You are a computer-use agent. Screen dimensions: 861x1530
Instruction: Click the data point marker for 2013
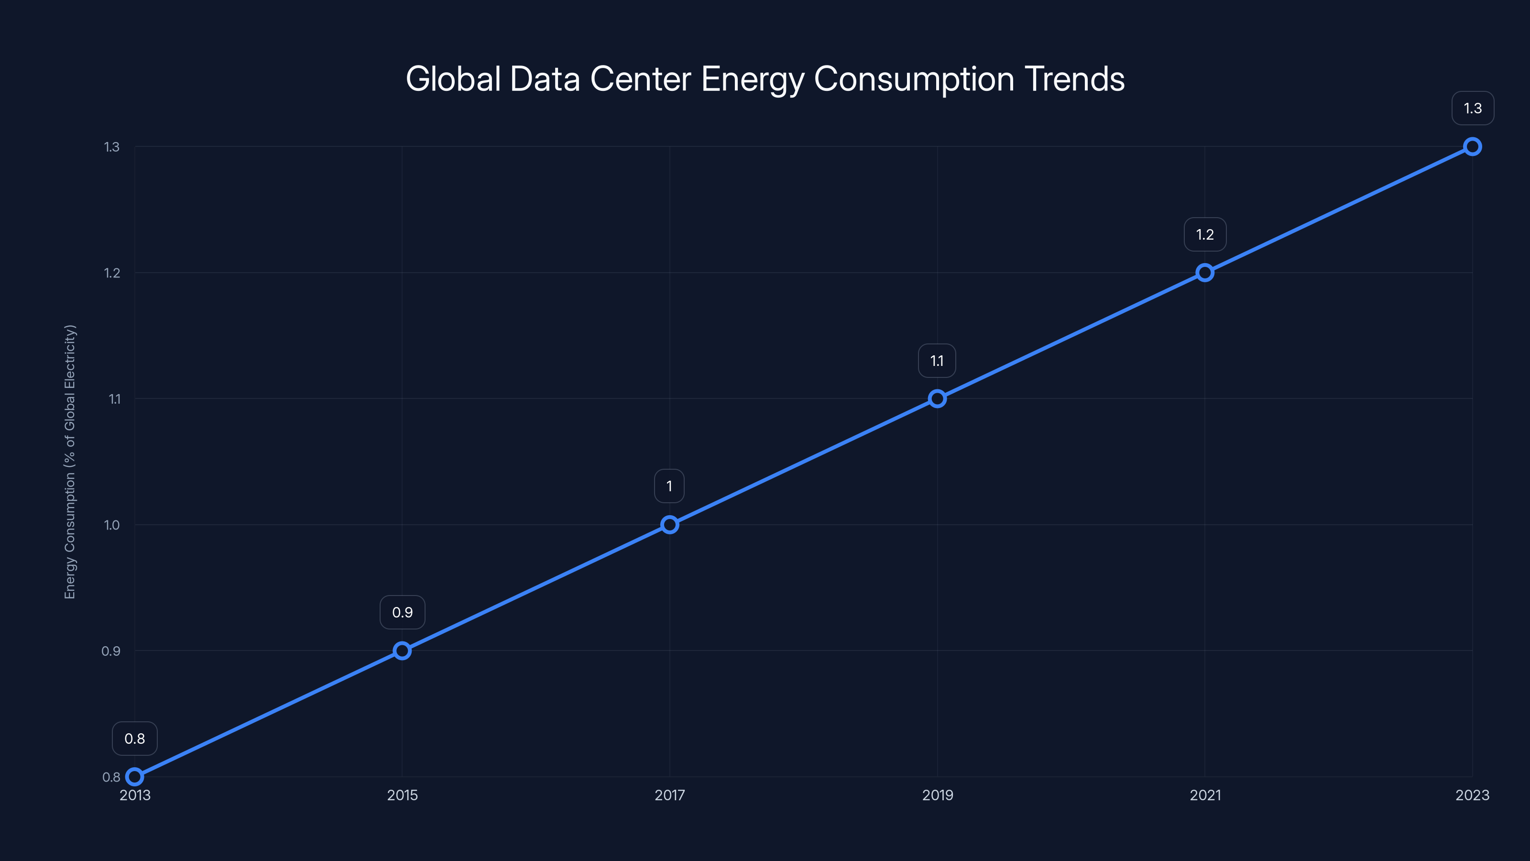click(x=135, y=777)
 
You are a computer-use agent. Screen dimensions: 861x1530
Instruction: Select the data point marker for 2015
click(x=402, y=651)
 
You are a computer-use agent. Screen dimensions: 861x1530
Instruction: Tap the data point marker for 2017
click(x=669, y=525)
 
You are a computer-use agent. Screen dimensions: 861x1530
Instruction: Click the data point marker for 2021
click(x=1204, y=273)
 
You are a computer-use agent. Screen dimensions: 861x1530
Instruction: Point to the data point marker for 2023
click(x=1473, y=147)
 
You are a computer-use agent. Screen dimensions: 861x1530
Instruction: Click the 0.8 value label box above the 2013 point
click(x=135, y=739)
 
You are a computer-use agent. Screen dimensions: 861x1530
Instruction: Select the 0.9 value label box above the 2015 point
click(x=402, y=613)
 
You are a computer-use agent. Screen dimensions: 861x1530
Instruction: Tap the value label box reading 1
click(x=669, y=486)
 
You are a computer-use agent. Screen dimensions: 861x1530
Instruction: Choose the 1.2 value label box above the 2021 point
click(x=1204, y=235)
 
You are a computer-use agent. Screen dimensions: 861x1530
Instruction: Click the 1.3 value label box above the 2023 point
click(x=1473, y=108)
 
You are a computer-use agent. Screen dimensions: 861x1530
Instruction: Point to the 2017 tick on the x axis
click(x=669, y=795)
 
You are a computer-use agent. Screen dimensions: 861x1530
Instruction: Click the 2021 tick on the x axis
click(x=1205, y=795)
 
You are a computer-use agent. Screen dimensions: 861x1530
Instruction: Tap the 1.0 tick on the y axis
click(x=112, y=525)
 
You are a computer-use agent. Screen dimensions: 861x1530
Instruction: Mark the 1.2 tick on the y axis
click(x=112, y=273)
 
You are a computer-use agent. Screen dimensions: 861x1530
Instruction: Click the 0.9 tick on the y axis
click(x=110, y=651)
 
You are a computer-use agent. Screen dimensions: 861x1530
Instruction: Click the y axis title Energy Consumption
click(x=70, y=462)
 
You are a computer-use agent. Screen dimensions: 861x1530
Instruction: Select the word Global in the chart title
click(x=453, y=79)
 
